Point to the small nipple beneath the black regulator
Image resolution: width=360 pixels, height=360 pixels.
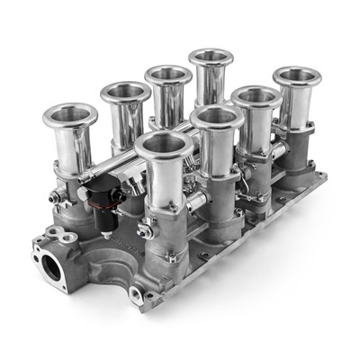coord(105,234)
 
